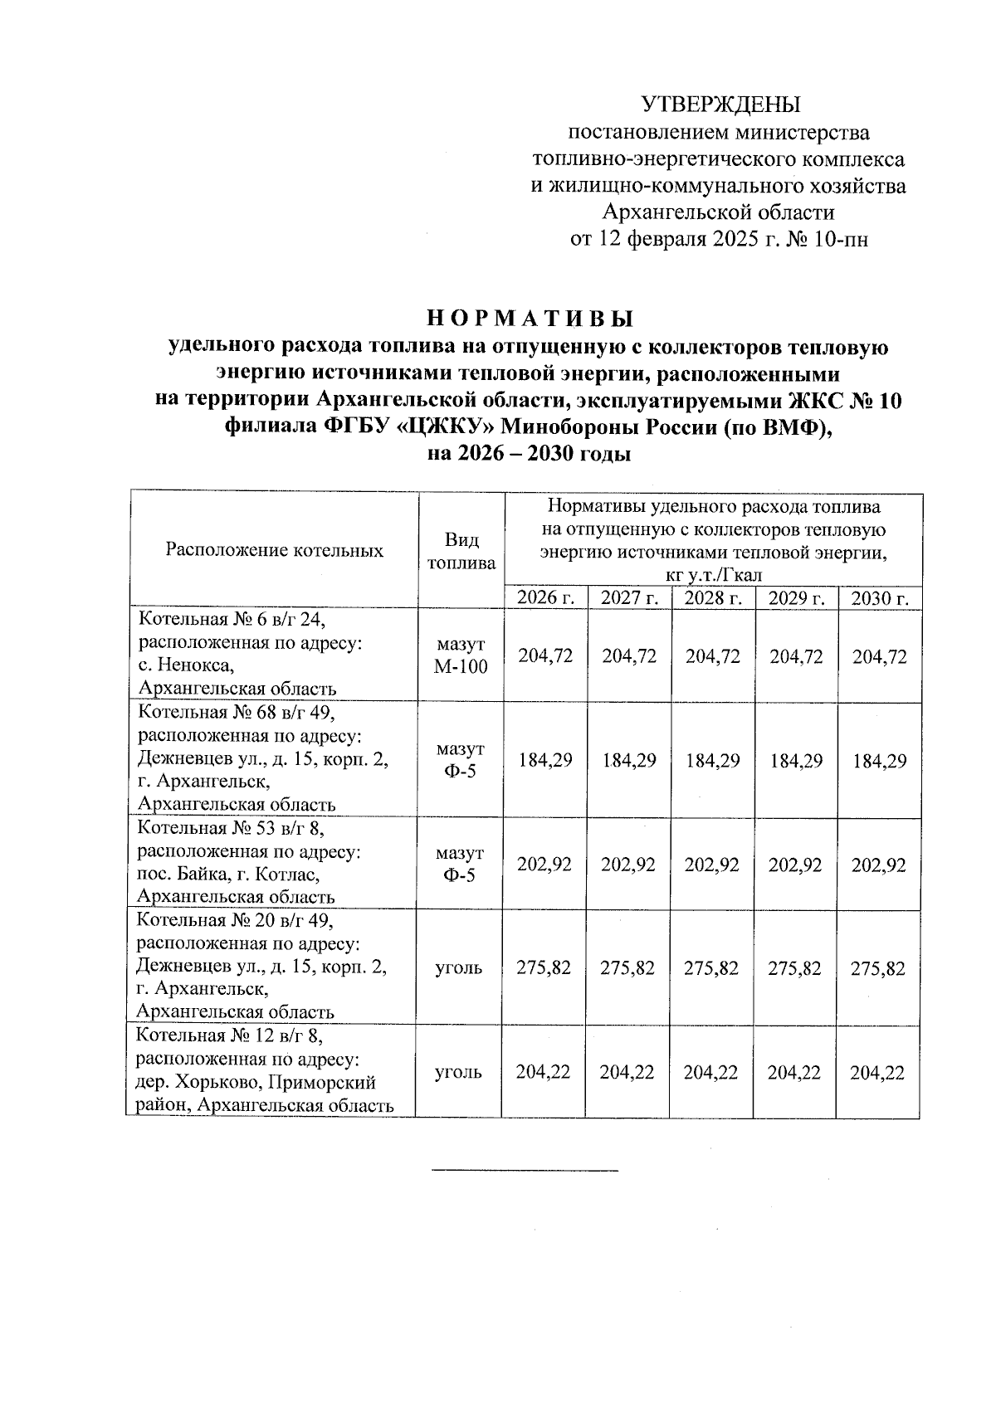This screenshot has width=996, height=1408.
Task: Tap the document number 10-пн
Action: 845,240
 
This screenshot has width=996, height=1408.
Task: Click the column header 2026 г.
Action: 545,598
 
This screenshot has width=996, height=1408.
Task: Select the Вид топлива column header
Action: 461,551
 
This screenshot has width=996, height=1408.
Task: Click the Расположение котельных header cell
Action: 275,550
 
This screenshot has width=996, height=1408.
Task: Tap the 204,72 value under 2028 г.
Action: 713,656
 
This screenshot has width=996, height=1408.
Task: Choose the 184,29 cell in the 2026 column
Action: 545,760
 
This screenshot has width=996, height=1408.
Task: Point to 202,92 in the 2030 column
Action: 879,865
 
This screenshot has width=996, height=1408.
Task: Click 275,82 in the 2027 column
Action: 628,968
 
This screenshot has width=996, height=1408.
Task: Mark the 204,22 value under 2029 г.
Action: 795,1072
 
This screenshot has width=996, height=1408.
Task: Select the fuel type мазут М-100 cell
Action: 461,655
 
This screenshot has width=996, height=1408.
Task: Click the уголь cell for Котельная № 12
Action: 458,1072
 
